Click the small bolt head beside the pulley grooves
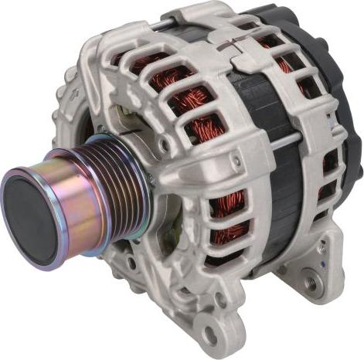[x=151, y=179]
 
